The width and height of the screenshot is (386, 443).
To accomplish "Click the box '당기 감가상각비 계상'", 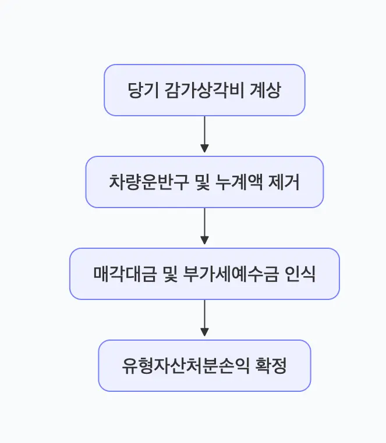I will [204, 90].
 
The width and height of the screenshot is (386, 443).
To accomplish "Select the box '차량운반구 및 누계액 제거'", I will [204, 182].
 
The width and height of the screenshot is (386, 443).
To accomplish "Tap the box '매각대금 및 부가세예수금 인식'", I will [204, 274].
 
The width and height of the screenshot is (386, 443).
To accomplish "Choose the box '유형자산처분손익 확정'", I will [204, 366].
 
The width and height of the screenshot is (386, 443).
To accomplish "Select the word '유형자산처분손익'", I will [185, 366].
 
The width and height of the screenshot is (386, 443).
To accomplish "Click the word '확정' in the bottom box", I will [271, 366].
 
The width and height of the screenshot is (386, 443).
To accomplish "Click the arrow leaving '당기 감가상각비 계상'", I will [204, 135].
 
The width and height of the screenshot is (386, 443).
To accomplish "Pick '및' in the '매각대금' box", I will [162, 274].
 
